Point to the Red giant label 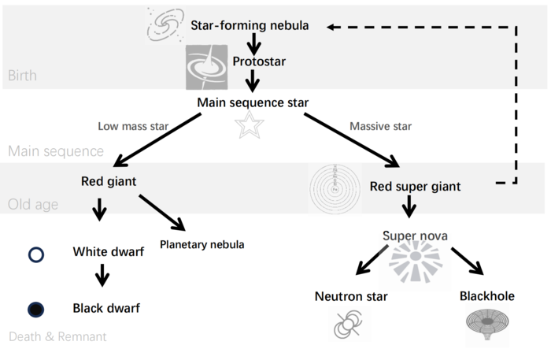(109, 181)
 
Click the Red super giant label (415, 187)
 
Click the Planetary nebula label (202, 244)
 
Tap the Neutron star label (349, 296)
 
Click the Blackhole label (486, 296)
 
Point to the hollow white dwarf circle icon (35, 254)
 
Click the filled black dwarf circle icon (35, 310)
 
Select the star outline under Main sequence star (250, 125)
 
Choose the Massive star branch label (380, 125)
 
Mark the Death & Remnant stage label (57, 337)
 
